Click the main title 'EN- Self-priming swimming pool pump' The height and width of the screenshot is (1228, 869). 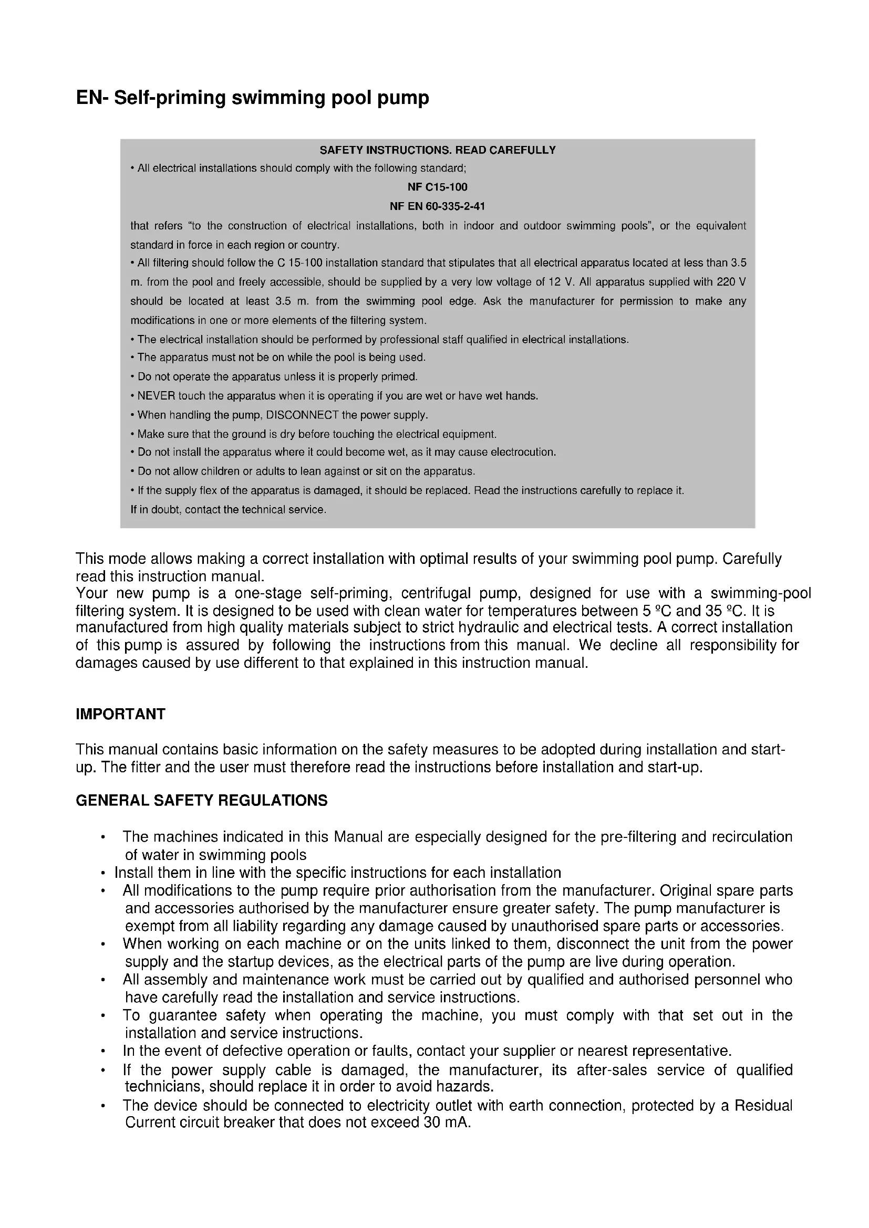coord(252,98)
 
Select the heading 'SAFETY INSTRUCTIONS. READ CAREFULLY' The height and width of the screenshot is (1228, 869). coord(437,150)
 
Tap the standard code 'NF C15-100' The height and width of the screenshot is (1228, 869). coord(437,187)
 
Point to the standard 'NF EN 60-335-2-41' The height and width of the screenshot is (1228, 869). coord(437,206)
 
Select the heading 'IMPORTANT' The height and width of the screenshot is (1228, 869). coord(120,715)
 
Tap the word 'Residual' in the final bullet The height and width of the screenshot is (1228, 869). coord(763,1106)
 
